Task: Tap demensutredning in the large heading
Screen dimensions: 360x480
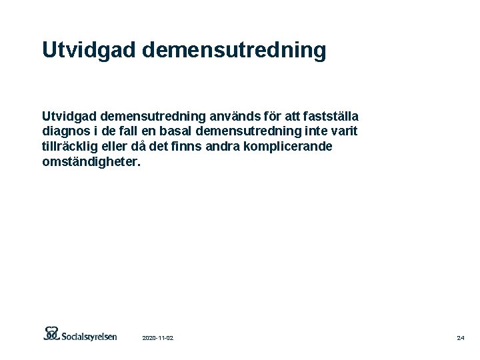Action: pyautogui.click(x=234, y=50)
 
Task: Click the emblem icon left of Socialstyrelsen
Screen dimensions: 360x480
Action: pyautogui.click(x=52, y=333)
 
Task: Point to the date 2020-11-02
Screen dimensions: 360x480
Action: pyautogui.click(x=158, y=339)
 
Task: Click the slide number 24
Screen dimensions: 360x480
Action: pyautogui.click(x=461, y=339)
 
